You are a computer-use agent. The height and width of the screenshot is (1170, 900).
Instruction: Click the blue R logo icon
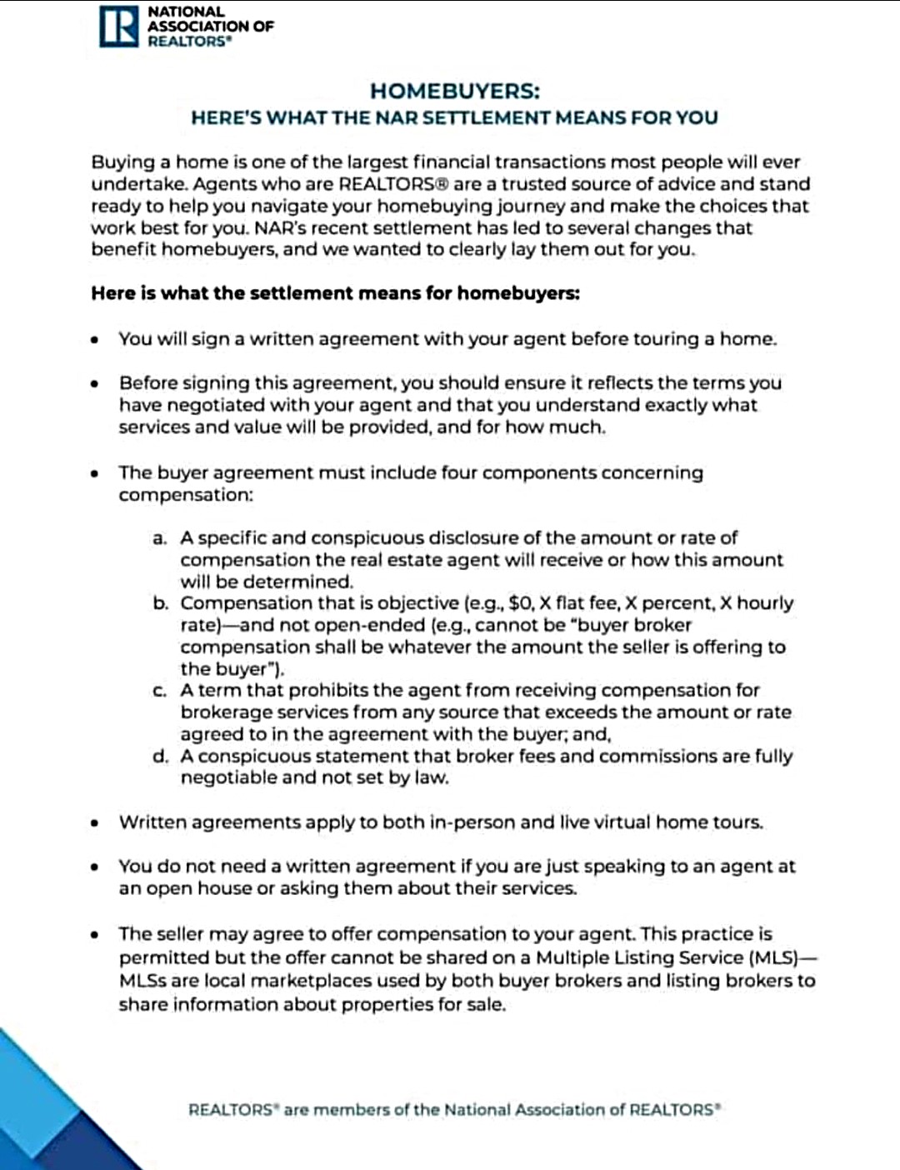click(x=118, y=27)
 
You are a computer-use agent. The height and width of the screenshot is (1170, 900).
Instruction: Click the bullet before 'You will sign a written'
click(x=97, y=339)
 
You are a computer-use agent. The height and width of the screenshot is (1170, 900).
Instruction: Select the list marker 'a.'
click(x=160, y=538)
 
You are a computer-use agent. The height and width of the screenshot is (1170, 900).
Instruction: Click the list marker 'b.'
click(x=160, y=603)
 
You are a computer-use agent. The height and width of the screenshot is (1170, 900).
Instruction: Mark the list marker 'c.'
click(x=160, y=691)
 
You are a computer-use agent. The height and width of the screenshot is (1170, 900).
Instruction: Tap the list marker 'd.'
click(x=160, y=757)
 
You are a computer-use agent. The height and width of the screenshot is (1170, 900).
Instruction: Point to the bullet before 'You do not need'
click(x=97, y=867)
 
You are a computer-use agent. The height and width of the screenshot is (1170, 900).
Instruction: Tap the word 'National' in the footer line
click(x=477, y=1110)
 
